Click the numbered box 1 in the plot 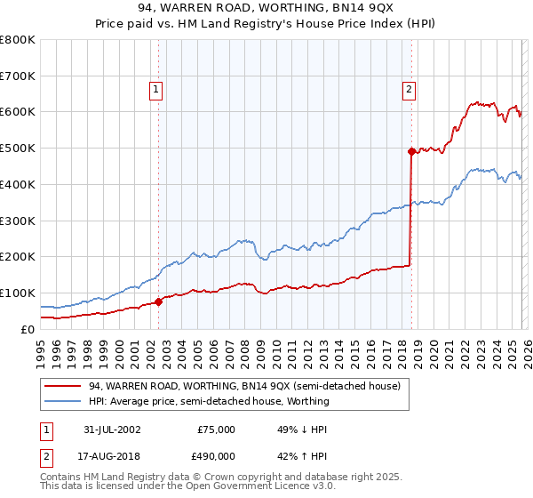(155, 88)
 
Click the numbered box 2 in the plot (409, 88)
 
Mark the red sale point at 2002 (159, 301)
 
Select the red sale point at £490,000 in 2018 (411, 152)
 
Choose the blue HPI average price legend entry (209, 401)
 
